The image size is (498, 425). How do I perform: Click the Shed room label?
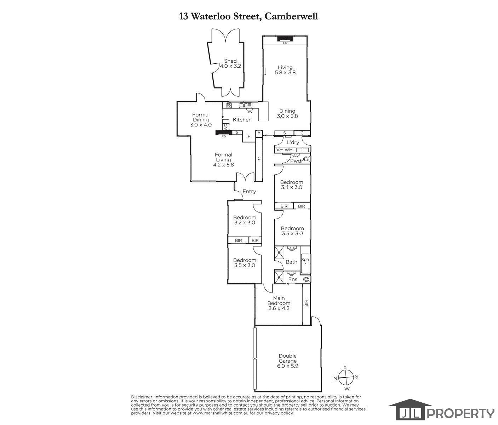230,63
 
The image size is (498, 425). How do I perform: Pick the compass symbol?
346,378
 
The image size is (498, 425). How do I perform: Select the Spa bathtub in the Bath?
305,263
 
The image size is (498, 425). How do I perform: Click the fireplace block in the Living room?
285,38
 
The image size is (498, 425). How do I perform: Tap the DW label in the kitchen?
250,112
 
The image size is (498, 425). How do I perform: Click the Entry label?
249,191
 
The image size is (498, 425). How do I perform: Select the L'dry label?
293,142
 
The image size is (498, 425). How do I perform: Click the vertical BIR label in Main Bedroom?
306,303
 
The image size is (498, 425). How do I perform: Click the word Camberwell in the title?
291,16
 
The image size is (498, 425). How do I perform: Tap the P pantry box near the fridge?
259,134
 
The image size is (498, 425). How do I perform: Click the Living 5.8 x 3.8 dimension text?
285,72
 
